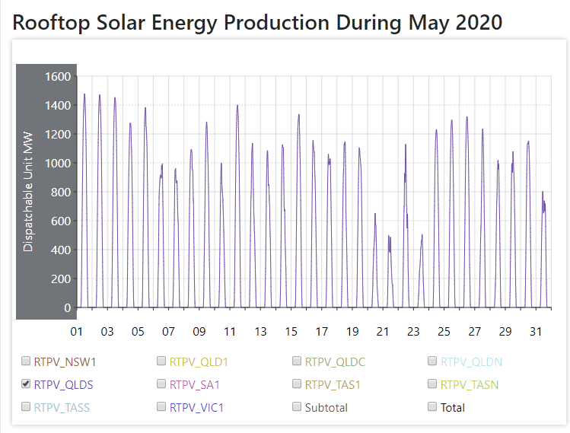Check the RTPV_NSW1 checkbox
[x=26, y=361]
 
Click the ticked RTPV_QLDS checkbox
[x=26, y=384]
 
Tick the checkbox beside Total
[x=433, y=407]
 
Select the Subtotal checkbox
[x=298, y=407]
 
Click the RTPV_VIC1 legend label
[x=195, y=407]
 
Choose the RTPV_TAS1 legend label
[x=332, y=384]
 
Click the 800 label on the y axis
[x=60, y=192]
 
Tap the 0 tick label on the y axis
[x=68, y=307]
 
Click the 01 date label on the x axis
[x=77, y=332]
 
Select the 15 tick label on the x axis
[x=291, y=332]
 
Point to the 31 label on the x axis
[x=536, y=332]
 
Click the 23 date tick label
[x=413, y=332]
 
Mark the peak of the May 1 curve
[x=84, y=94]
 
